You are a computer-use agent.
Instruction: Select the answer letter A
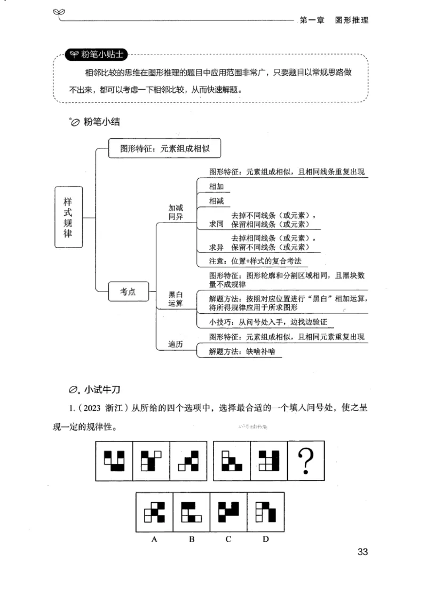tap(154, 539)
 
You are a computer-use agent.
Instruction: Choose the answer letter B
tap(192, 539)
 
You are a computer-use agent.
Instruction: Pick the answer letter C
tap(228, 539)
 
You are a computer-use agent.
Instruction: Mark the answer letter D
tap(265, 539)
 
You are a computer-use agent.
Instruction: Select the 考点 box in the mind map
tap(128, 291)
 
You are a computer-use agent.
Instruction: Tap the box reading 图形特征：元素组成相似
tap(164, 149)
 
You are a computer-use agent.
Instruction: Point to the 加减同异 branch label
tap(176, 213)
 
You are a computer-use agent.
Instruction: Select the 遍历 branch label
tap(176, 345)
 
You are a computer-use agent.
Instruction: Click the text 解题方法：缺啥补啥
tap(237, 352)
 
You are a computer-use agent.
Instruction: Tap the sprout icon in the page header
tap(58, 13)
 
